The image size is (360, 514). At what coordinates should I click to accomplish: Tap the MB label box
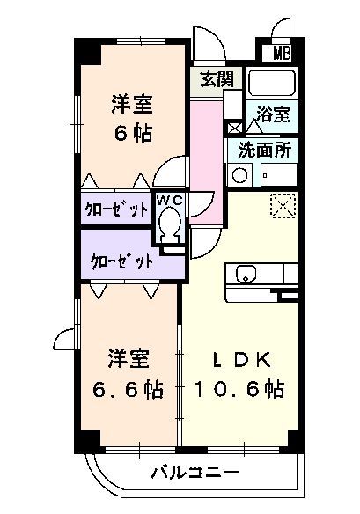tap(282, 52)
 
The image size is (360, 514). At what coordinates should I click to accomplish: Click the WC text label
tap(169, 200)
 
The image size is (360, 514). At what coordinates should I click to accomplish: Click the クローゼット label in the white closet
tap(115, 209)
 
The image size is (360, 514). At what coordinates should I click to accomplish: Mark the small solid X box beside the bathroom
tap(233, 127)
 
